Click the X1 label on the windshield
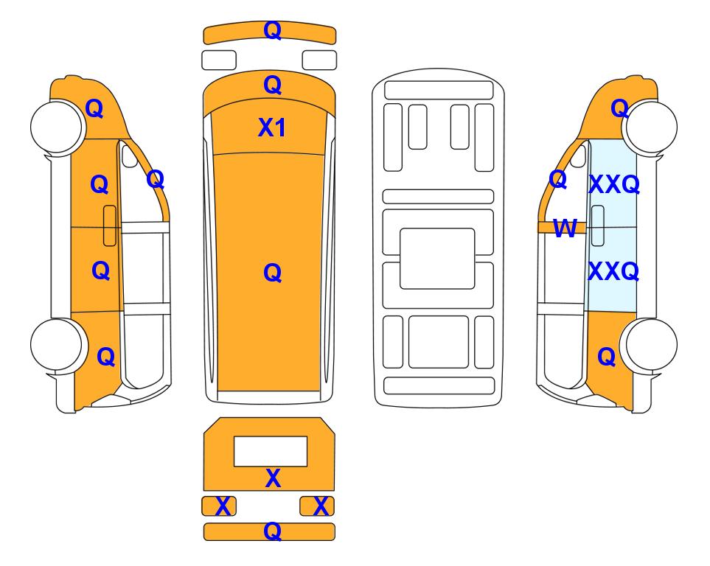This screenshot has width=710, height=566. pos(271,127)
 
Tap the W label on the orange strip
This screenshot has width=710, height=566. pos(565,228)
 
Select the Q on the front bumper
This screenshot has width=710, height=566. pos(273,30)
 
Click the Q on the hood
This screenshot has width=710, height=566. pos(273,85)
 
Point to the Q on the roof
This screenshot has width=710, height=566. pos(273,273)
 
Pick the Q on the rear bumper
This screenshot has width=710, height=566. pos(273,531)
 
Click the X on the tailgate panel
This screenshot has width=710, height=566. pos(273,478)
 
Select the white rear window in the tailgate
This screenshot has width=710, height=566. pos(271,451)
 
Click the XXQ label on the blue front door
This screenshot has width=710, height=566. pos(614,184)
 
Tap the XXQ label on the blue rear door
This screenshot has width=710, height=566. pos(613,271)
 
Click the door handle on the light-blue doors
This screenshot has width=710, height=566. pos(598,226)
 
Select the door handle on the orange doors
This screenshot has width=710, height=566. pos(110,226)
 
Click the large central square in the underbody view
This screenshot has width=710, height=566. pos(437,259)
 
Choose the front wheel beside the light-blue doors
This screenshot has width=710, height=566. pos(650,127)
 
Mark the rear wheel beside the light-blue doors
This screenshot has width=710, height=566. pos(650,345)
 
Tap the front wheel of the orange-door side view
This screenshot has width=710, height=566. pos(58,127)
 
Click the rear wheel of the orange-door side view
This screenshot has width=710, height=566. pos(58,345)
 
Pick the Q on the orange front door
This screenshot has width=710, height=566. pos(100,184)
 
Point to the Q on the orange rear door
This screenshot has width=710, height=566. pos(101,270)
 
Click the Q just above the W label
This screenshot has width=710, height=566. pos(558,180)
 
